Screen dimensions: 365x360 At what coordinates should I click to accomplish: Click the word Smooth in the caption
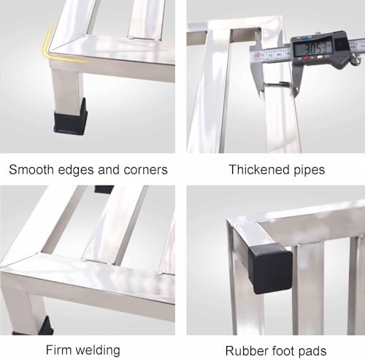(31, 169)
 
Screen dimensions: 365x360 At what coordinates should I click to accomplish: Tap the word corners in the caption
(145, 169)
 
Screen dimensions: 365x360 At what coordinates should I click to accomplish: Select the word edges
(76, 170)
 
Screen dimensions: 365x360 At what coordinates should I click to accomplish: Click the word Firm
(58, 350)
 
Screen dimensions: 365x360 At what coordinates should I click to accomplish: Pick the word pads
(312, 351)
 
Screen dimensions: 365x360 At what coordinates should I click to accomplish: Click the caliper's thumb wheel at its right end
(355, 60)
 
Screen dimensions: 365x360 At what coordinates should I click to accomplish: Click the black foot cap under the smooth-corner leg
(70, 118)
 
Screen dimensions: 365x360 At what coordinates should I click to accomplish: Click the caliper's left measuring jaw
(257, 66)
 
